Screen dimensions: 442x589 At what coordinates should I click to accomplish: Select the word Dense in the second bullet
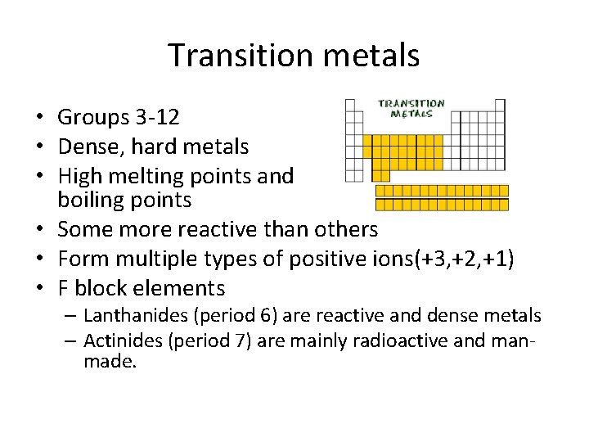point(84,147)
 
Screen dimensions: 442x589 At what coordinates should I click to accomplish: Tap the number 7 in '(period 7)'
point(215,341)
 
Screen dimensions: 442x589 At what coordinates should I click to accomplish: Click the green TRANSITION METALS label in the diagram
point(411,109)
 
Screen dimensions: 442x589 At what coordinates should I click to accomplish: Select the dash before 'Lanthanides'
point(72,315)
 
